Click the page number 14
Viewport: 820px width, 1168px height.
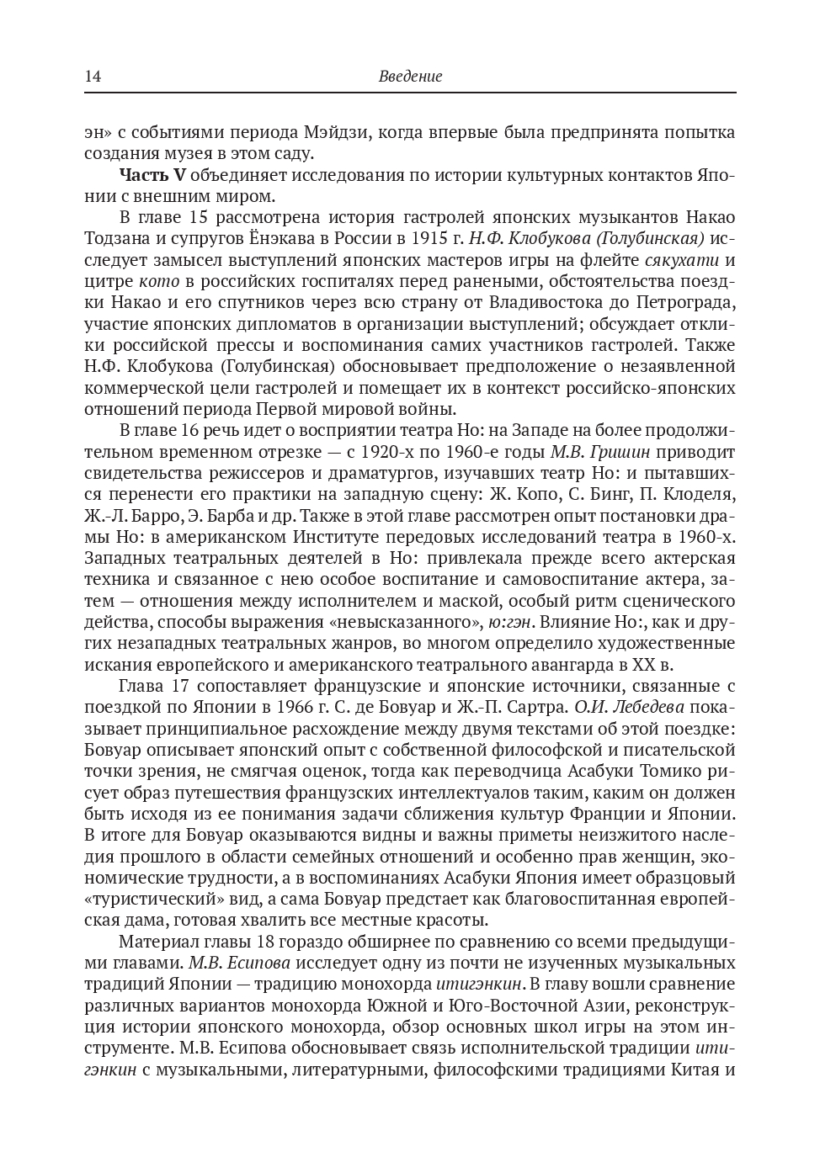(x=93, y=77)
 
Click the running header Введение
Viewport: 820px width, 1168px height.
(x=410, y=77)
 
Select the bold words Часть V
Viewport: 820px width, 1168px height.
(x=152, y=175)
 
